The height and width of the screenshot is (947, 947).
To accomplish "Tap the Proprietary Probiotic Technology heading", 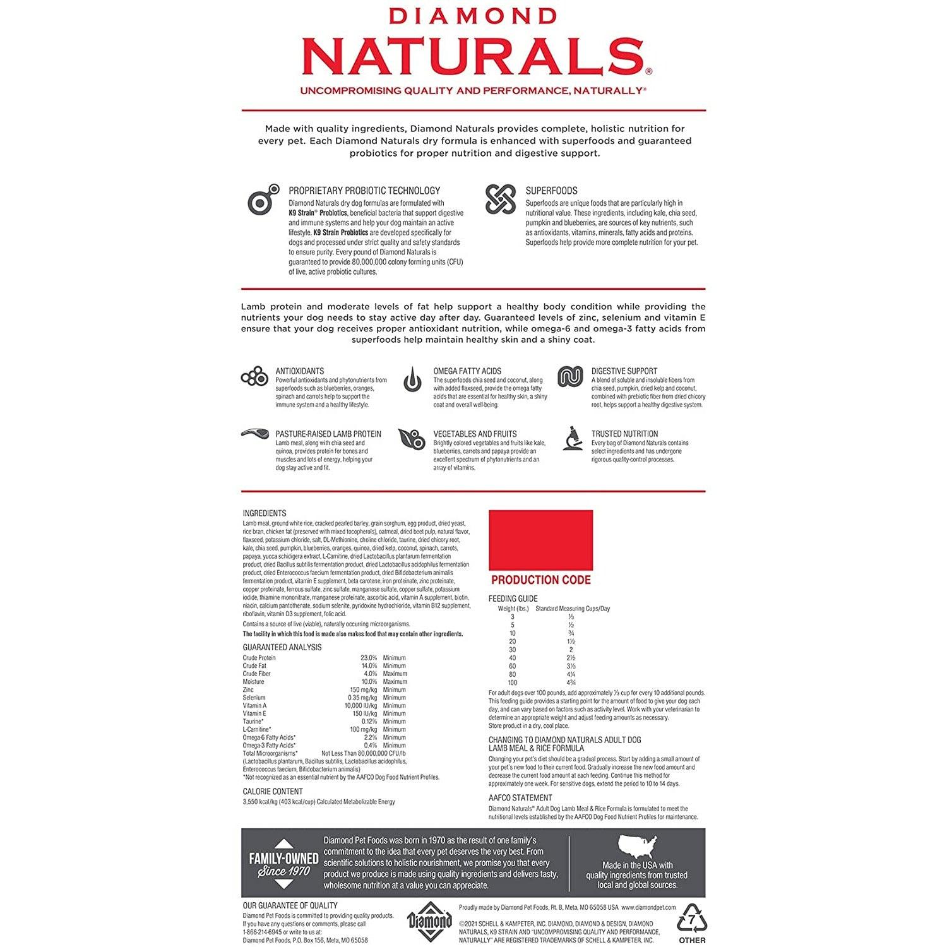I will [364, 190].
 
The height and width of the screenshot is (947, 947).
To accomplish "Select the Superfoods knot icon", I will [501, 199].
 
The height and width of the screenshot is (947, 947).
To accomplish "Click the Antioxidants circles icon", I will [254, 377].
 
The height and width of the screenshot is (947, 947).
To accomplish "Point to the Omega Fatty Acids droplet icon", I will [412, 379].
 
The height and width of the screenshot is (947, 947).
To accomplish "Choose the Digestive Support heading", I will [624, 371].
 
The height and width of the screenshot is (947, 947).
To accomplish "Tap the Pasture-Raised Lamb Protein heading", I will [328, 434].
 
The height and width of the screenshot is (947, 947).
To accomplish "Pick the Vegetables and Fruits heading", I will [475, 434].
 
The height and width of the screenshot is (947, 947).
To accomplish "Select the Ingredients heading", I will [265, 513].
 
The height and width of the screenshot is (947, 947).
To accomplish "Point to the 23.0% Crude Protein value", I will [368, 658].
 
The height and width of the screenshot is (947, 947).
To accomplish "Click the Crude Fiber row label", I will [258, 674].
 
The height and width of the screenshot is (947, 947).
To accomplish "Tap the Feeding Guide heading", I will [513, 599].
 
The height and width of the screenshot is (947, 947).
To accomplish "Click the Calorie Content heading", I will [273, 791].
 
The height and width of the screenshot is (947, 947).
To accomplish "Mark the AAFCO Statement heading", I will [520, 798].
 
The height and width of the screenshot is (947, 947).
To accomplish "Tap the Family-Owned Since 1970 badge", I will [283, 864].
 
